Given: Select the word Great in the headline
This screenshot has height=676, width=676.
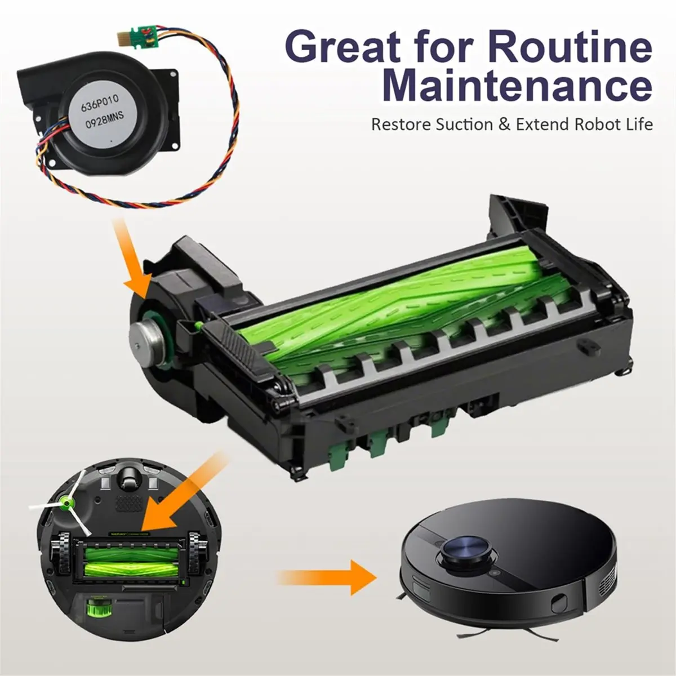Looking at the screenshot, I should tap(345, 47).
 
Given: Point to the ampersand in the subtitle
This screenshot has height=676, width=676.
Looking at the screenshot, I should tap(504, 124).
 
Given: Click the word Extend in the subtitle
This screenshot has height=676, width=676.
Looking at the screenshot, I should tap(540, 124).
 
